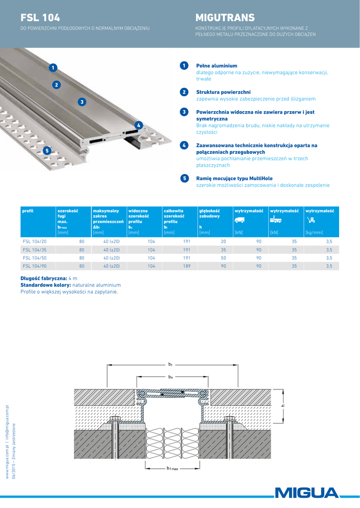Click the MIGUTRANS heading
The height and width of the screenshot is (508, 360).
click(225, 18)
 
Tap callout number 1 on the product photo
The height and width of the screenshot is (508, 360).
click(53, 67)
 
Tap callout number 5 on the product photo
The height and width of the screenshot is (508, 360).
click(46, 150)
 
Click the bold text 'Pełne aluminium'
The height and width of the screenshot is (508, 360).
click(217, 65)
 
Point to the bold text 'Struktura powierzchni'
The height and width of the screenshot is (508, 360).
click(223, 92)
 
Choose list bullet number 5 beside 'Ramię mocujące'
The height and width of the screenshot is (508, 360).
click(184, 178)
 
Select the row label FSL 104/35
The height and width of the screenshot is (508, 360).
click(35, 250)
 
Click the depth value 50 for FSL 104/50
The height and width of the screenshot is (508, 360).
click(223, 258)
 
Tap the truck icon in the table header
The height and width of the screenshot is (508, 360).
click(239, 220)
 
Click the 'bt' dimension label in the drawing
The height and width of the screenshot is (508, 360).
click(170, 365)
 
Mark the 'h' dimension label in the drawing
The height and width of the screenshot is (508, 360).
click(282, 406)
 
